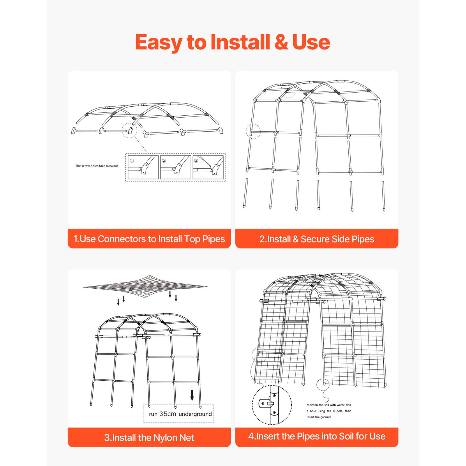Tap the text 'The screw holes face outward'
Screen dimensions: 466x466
coord(97,166)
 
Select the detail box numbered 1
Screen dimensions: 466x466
coord(143,167)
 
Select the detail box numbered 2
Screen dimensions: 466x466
coord(175,167)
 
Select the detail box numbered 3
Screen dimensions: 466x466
coord(208,167)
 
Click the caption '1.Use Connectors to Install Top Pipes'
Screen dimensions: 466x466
coord(149,239)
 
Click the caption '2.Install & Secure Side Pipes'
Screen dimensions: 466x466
coord(317,239)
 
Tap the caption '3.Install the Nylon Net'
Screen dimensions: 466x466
coord(149,437)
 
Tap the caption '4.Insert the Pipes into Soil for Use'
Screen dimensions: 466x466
coord(317,436)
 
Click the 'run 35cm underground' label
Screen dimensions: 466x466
coord(180,414)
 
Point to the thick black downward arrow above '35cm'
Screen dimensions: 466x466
coord(192,396)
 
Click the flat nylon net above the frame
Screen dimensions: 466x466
coord(145,287)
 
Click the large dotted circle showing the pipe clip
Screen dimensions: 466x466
coord(271,405)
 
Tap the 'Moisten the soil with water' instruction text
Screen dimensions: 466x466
coord(329,411)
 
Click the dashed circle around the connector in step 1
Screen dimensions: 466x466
coord(129,130)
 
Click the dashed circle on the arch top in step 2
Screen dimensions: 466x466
coord(288,91)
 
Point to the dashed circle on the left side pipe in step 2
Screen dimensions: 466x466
coord(253,131)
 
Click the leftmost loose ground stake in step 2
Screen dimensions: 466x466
coord(246,193)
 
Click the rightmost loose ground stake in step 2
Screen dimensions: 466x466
coord(384,196)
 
